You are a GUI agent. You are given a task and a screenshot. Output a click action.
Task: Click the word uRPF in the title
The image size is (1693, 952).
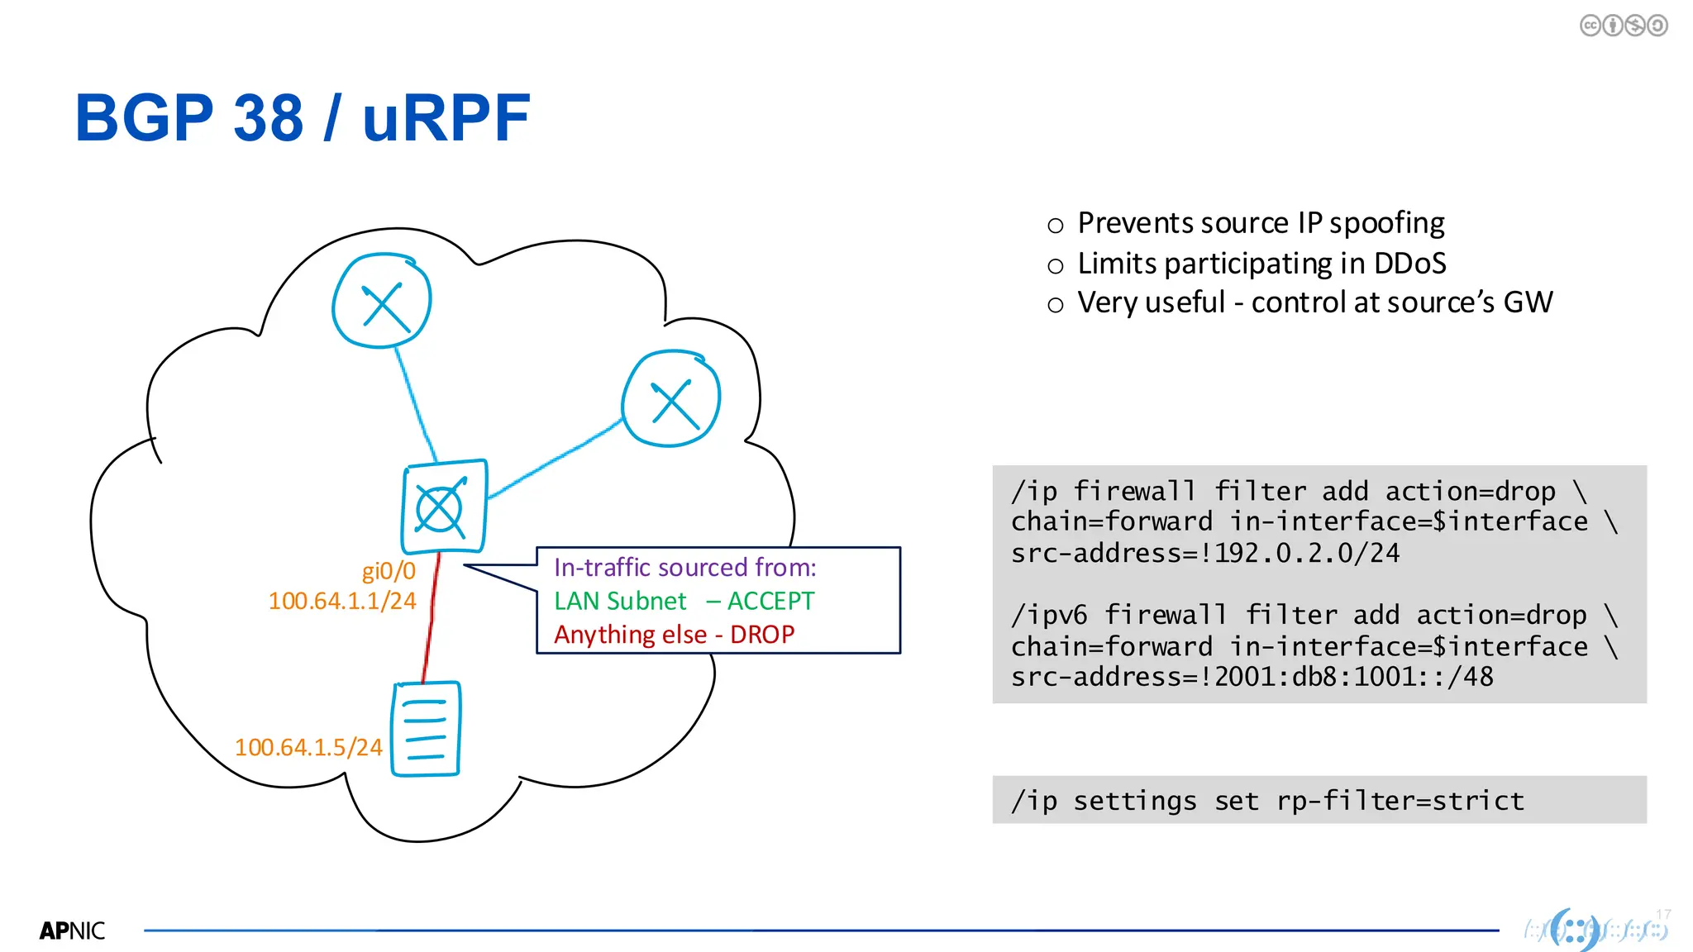(446, 118)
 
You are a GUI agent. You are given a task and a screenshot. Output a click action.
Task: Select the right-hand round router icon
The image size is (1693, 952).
(671, 399)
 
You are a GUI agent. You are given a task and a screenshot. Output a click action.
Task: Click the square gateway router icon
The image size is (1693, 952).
(444, 507)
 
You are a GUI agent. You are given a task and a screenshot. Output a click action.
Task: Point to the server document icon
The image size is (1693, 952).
(426, 729)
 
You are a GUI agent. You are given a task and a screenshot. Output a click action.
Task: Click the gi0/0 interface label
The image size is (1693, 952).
(389, 571)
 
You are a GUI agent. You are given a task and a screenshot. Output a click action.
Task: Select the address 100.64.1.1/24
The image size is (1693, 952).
(342, 601)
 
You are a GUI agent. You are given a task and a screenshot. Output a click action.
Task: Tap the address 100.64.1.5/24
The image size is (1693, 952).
(308, 747)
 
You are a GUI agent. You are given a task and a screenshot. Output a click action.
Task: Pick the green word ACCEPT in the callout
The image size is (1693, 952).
(770, 601)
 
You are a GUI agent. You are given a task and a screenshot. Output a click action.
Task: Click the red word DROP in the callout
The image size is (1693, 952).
(762, 635)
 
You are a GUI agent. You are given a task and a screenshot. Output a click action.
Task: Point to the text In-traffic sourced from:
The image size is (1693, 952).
(684, 568)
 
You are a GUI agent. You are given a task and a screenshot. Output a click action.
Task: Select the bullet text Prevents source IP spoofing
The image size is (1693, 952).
(1261, 223)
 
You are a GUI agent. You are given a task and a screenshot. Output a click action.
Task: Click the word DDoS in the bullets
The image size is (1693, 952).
(1409, 264)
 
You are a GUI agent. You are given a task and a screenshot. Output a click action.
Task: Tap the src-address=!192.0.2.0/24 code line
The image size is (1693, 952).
(1205, 553)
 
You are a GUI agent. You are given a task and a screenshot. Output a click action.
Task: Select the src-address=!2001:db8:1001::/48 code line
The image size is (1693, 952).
(1252, 677)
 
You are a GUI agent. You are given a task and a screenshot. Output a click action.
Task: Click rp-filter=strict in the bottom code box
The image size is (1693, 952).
(1400, 801)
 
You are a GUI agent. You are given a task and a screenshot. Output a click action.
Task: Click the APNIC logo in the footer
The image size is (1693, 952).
(72, 931)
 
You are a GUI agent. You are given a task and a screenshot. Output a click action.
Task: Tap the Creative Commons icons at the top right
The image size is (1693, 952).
(1623, 26)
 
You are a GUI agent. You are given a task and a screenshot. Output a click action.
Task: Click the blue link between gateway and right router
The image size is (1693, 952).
(554, 460)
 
